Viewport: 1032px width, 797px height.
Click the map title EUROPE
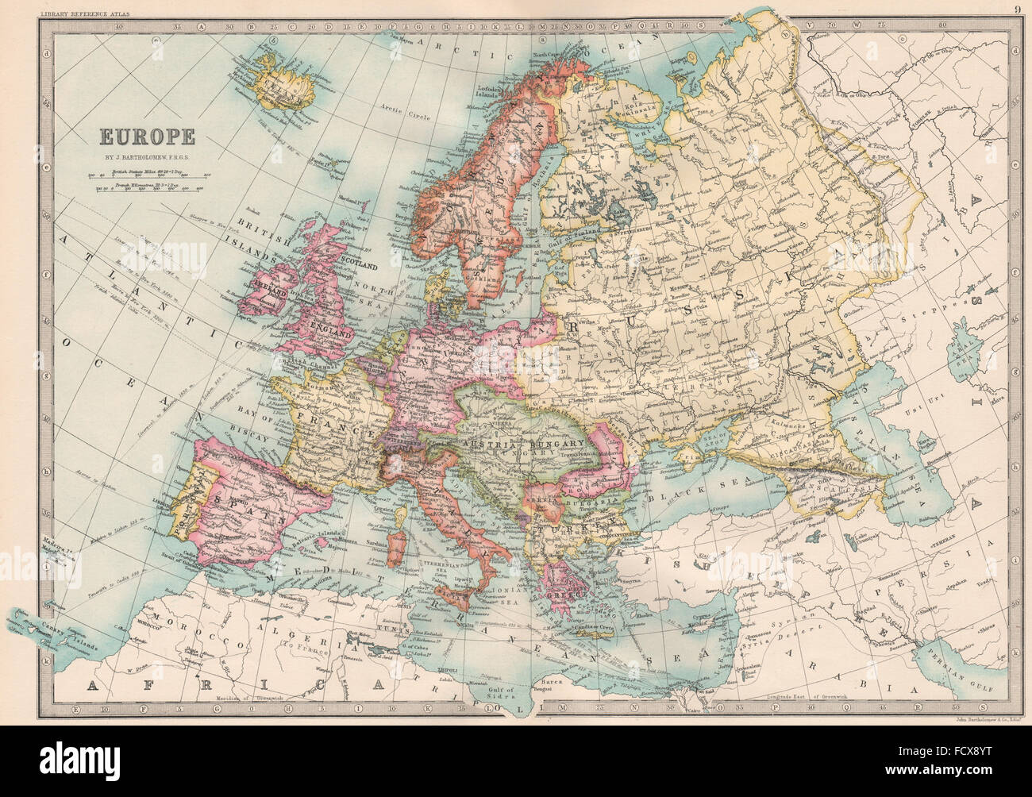point(147,136)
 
